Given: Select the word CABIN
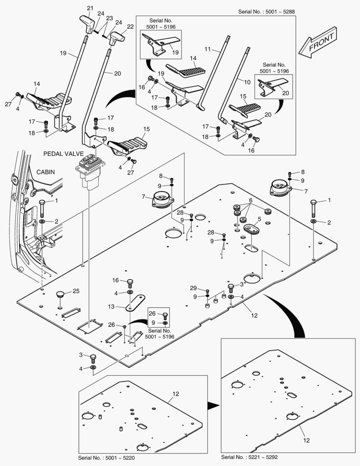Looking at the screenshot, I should point(46,172).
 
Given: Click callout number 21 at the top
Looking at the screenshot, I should point(90,8).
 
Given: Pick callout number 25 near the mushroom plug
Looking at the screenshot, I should point(76,291).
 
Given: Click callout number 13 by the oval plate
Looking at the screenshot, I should point(111,306).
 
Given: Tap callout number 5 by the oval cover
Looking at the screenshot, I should point(259,219).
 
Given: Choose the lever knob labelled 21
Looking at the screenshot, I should point(88,23).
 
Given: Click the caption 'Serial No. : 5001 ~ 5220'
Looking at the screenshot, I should point(108,457).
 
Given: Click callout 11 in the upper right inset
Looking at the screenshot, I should point(208,50).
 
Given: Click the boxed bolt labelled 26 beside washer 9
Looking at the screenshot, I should point(165,315).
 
